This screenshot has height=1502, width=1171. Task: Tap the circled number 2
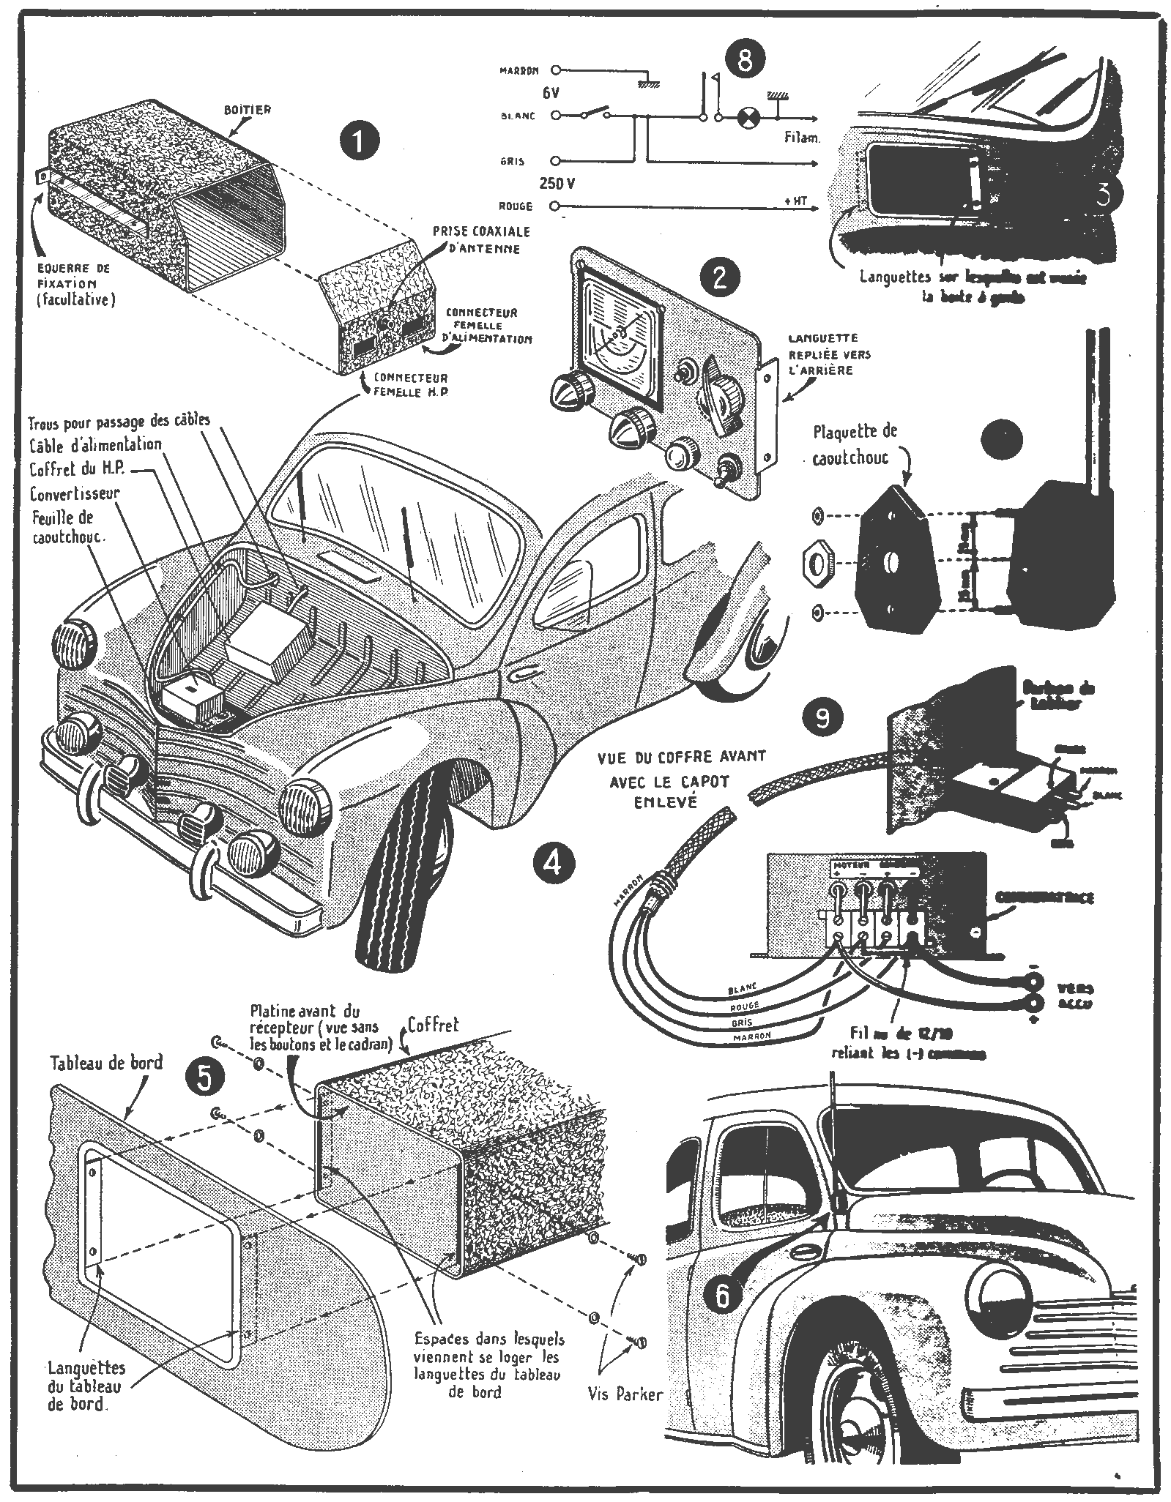click(x=718, y=277)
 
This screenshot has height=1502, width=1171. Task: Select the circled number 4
click(x=553, y=864)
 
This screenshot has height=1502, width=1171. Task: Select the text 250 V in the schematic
click(x=558, y=184)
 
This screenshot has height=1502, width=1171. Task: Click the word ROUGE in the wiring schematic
click(x=516, y=206)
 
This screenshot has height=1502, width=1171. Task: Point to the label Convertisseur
click(x=75, y=493)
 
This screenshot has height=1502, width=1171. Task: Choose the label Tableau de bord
click(x=108, y=1064)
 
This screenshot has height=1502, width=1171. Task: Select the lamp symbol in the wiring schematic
click(x=748, y=116)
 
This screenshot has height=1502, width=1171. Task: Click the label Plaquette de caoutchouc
click(x=854, y=444)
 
